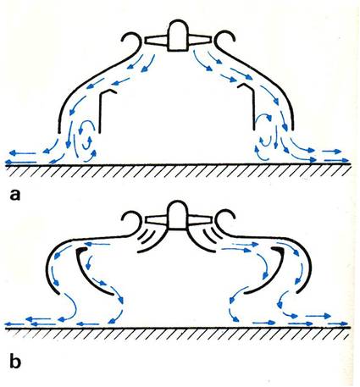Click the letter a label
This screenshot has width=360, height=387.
click(x=15, y=195)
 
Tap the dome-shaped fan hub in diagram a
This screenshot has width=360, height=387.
click(x=178, y=36)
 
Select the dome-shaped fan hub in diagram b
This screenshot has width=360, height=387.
click(x=178, y=215)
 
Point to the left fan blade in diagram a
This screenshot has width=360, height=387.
click(x=156, y=41)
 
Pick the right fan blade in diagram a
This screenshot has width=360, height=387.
click(x=200, y=40)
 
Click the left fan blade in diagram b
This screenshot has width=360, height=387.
click(x=156, y=219)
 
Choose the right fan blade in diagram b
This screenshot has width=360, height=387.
click(x=200, y=219)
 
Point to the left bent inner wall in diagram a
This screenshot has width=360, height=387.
click(x=100, y=110)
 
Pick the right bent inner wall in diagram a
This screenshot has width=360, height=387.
click(x=253, y=106)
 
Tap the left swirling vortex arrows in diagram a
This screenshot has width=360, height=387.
click(x=87, y=137)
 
